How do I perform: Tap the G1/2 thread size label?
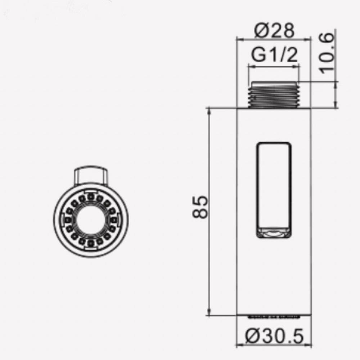point(274,55)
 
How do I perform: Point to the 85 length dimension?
point(200,207)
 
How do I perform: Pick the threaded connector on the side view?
point(274,95)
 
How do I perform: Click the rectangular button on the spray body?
point(274,190)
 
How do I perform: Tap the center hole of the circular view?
point(91,220)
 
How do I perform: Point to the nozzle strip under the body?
point(274,317)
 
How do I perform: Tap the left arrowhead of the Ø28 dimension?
point(239,38)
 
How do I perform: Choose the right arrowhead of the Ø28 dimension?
point(308,38)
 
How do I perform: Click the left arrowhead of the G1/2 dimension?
point(251,66)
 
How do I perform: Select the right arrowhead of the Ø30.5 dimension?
point(309,344)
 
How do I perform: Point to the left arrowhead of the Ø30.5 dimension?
point(239,344)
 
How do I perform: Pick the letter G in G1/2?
point(258,55)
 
